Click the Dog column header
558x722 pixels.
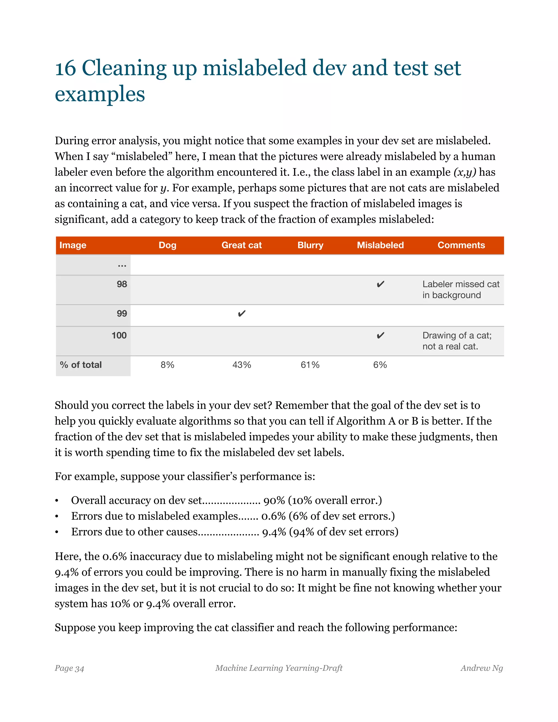pyautogui.click(x=167, y=245)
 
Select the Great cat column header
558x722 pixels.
pyautogui.click(x=241, y=245)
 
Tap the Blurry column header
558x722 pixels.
pyautogui.click(x=310, y=245)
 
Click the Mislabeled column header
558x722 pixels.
pyautogui.click(x=380, y=245)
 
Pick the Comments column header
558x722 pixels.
pyautogui.click(x=461, y=245)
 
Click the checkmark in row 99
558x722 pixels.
pyautogui.click(x=242, y=313)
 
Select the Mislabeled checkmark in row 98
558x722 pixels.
pyautogui.click(x=380, y=284)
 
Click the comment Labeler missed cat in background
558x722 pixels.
pyautogui.click(x=460, y=289)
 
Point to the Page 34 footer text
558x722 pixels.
pyautogui.click(x=69, y=668)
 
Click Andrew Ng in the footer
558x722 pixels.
pyautogui.click(x=482, y=668)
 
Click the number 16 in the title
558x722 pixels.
pyautogui.click(x=65, y=68)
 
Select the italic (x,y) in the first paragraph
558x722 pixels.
pyautogui.click(x=465, y=172)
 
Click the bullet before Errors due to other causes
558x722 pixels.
pyautogui.click(x=57, y=532)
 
